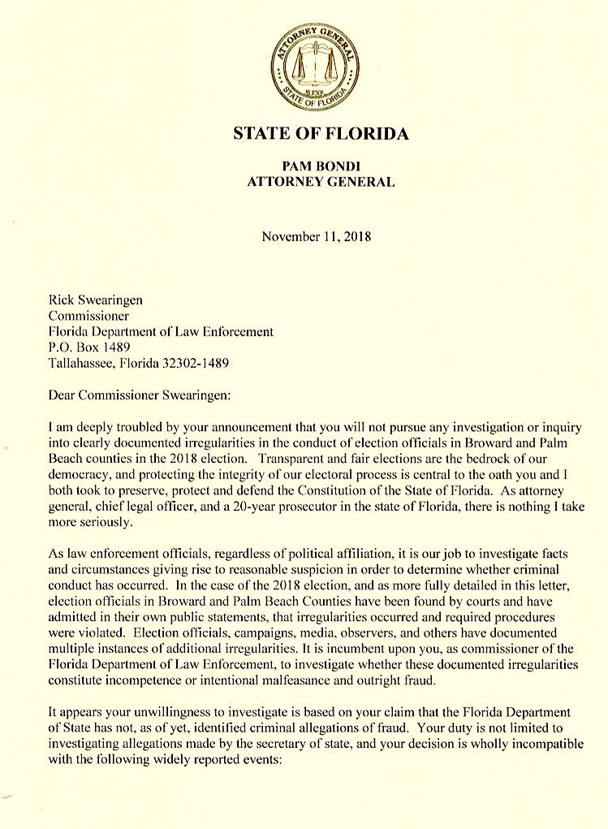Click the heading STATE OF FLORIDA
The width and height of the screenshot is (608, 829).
tap(321, 133)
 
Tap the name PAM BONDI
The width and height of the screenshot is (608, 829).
tap(321, 166)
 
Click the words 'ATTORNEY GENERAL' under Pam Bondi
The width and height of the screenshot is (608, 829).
tap(321, 182)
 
